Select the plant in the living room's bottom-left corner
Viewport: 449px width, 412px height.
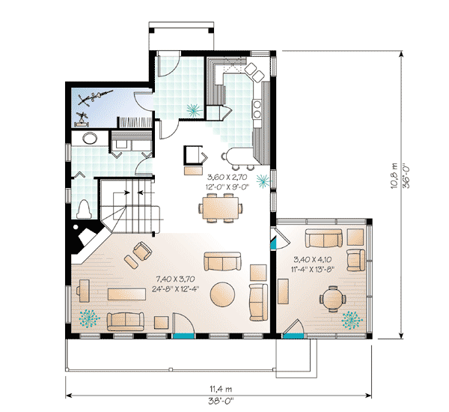click(89, 318)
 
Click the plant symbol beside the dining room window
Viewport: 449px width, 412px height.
click(263, 180)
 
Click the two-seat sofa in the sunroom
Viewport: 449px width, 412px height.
click(323, 239)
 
